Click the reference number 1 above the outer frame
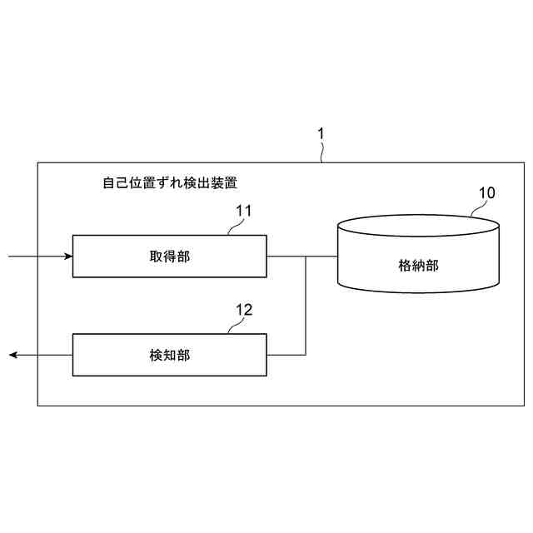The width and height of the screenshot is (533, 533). (x=321, y=133)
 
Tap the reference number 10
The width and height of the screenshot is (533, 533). (x=486, y=192)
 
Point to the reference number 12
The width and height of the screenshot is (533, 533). (x=244, y=310)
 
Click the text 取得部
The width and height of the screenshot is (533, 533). (x=170, y=257)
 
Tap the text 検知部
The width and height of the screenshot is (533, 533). (x=170, y=355)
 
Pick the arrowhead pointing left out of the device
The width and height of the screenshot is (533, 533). (x=14, y=355)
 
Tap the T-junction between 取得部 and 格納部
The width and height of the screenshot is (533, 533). (x=306, y=257)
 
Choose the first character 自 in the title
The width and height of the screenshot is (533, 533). (x=107, y=182)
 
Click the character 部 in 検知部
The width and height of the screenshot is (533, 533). (x=184, y=355)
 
